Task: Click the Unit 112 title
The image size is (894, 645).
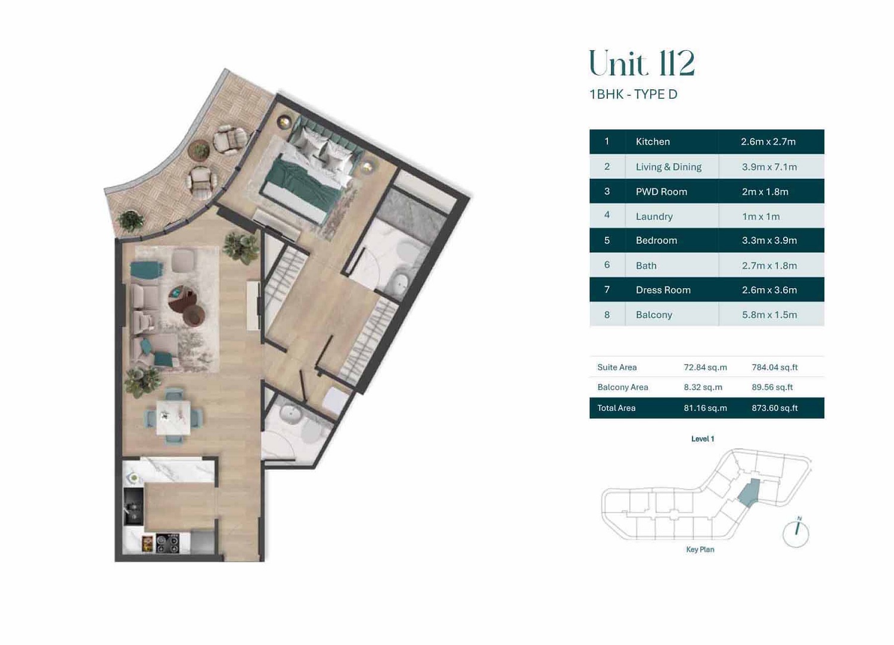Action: pyautogui.click(x=641, y=64)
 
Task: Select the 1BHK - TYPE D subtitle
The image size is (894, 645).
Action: pyautogui.click(x=633, y=95)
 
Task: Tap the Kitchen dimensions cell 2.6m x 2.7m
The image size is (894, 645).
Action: pyautogui.click(x=768, y=142)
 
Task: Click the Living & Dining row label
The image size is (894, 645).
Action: pyautogui.click(x=668, y=167)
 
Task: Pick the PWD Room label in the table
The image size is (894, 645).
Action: pyautogui.click(x=661, y=192)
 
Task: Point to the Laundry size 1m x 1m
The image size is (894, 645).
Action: pyautogui.click(x=760, y=217)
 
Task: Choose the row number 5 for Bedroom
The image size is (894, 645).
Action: pyautogui.click(x=607, y=241)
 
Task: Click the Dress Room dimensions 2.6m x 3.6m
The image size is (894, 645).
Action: pyautogui.click(x=769, y=290)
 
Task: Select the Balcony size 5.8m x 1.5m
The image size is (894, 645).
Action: pyautogui.click(x=769, y=315)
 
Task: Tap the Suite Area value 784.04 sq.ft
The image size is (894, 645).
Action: pyautogui.click(x=774, y=367)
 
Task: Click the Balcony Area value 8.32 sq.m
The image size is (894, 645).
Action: pyautogui.click(x=703, y=387)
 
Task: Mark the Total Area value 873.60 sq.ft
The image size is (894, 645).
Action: pyautogui.click(x=774, y=408)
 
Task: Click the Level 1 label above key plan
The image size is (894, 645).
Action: pyautogui.click(x=702, y=439)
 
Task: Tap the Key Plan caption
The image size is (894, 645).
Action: pyautogui.click(x=700, y=550)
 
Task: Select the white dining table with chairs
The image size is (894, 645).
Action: pyautogui.click(x=173, y=417)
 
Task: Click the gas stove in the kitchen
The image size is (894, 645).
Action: pyautogui.click(x=167, y=543)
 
